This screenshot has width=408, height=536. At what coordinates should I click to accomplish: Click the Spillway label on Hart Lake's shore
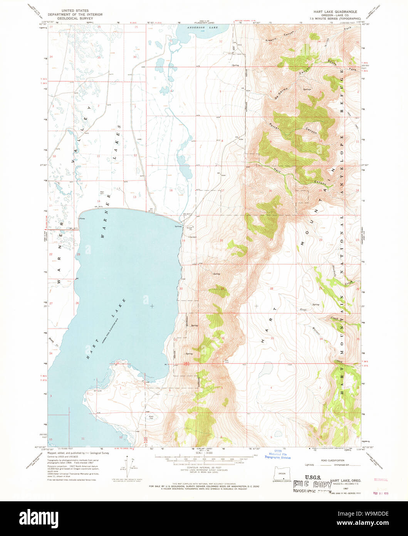[178, 226]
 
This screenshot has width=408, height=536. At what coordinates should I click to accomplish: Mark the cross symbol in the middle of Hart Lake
[152, 306]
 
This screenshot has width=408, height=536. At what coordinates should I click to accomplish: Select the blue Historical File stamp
[277, 455]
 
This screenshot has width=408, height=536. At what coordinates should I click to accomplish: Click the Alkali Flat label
[151, 418]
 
